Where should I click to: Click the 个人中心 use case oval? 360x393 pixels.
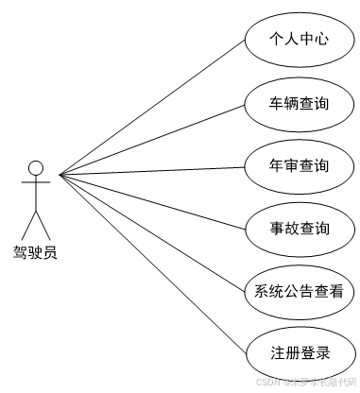(299, 40)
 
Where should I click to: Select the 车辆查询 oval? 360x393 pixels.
(299, 103)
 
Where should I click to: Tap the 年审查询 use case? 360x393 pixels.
(299, 165)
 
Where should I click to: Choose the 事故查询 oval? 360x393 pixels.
(299, 228)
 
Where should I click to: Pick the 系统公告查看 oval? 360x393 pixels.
(299, 290)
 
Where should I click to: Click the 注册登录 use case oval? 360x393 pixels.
(299, 353)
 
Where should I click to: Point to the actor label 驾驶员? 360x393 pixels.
(35, 252)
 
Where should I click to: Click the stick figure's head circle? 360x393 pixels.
(36, 168)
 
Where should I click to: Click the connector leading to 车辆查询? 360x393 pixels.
(151, 139)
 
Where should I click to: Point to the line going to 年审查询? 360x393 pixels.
(151, 171)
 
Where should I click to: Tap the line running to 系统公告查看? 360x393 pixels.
(151, 231)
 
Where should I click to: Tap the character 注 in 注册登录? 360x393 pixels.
(276, 353)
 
